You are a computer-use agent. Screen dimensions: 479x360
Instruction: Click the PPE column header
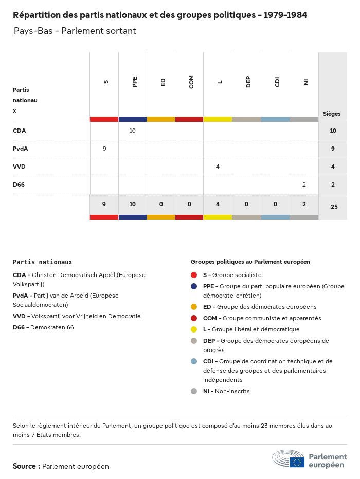135,81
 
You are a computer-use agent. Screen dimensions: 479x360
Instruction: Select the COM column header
191,81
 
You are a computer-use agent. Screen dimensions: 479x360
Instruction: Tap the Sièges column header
332,114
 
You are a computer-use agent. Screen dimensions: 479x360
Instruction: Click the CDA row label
20,131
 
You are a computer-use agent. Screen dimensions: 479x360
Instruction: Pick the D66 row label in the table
19,185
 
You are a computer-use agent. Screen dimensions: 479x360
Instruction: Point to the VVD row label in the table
20,167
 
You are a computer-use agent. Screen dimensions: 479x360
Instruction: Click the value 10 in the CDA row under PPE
132,131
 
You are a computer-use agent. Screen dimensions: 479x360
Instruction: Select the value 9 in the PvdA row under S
104,149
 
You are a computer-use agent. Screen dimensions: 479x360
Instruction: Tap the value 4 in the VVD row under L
218,167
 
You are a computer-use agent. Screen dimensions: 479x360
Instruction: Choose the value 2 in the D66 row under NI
304,185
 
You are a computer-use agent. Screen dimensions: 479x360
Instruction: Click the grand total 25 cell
334,207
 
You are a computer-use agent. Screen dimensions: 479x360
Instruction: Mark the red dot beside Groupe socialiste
194,275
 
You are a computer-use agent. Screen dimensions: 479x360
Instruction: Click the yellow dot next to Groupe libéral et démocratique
194,329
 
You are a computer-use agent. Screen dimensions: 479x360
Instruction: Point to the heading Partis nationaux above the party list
43,262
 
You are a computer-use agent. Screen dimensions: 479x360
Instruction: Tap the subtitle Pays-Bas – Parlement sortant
75,31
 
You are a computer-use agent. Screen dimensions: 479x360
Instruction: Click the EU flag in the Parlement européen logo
297,462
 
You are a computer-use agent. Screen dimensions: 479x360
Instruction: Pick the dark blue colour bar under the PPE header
133,119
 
